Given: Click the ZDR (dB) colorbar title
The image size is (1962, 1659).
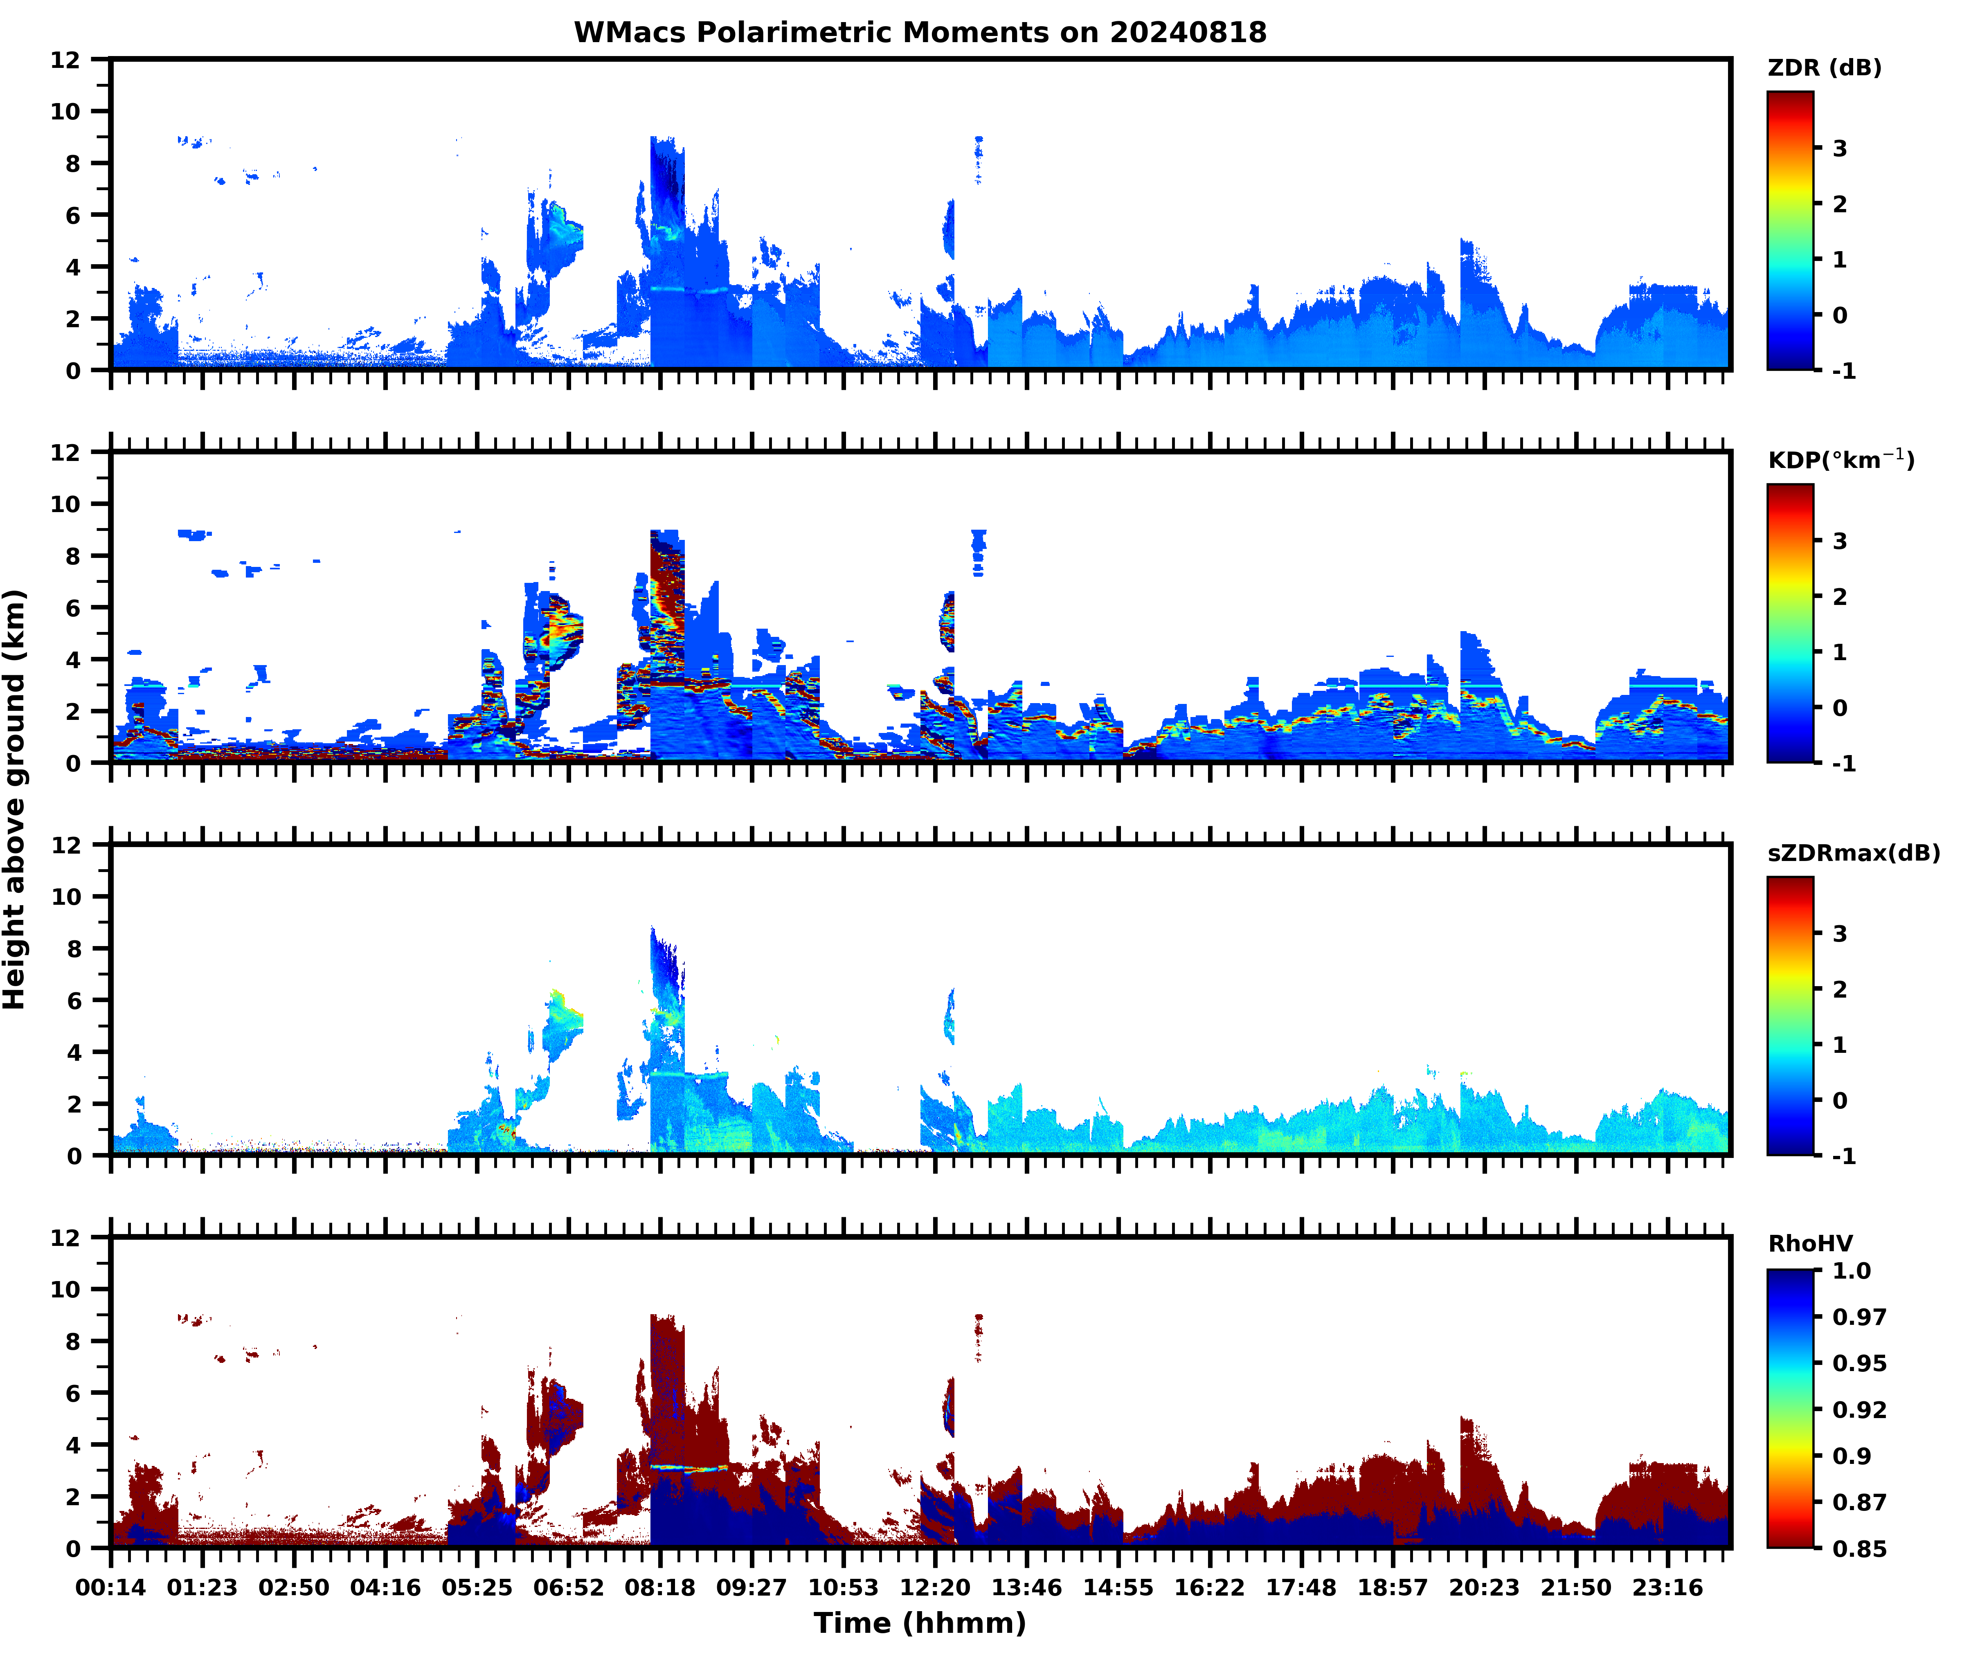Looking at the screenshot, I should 1824,68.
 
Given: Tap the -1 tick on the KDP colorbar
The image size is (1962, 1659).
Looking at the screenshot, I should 1843,764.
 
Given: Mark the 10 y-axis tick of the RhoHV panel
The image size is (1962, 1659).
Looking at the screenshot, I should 66,1289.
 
